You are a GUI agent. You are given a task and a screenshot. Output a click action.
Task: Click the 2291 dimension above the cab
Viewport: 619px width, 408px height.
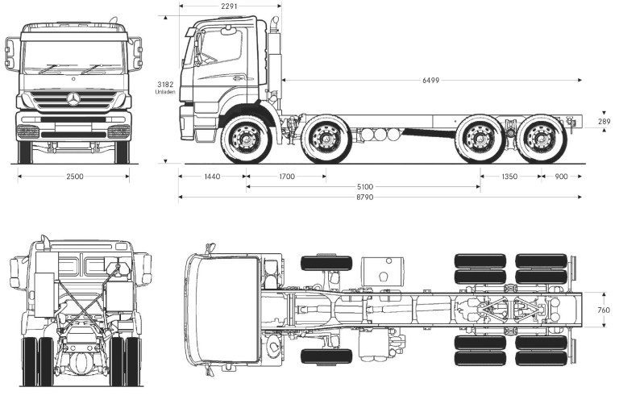[230, 6]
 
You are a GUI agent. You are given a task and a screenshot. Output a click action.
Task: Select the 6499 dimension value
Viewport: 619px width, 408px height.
[430, 80]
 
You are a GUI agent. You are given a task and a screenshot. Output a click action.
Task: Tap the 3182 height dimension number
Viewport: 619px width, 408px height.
[165, 84]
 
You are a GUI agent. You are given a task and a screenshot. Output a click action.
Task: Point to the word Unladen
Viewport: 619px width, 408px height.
[165, 92]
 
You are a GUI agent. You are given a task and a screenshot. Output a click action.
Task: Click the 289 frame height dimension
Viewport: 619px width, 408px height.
[604, 122]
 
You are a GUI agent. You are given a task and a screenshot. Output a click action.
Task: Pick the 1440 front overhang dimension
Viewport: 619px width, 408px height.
[213, 177]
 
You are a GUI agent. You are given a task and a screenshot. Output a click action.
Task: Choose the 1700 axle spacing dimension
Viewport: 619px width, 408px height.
[287, 177]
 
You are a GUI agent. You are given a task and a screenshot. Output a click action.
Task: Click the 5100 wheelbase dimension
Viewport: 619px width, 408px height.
[365, 187]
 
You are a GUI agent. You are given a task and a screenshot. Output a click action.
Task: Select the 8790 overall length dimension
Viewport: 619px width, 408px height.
[365, 197]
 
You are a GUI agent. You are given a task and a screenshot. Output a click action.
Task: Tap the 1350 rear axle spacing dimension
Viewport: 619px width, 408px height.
[509, 177]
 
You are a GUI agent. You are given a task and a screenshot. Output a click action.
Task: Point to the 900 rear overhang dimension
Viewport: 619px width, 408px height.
[561, 177]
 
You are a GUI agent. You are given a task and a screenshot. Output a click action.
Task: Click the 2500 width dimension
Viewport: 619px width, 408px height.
[75, 177]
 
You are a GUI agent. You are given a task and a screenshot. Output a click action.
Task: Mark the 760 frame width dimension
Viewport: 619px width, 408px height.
[604, 310]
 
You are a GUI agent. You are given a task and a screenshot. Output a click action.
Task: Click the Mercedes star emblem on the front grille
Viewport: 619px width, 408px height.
[73, 98]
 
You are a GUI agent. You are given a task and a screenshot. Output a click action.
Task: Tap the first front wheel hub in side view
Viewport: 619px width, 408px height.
[247, 139]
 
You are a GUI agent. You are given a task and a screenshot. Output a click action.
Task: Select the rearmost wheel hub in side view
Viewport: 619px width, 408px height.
[542, 139]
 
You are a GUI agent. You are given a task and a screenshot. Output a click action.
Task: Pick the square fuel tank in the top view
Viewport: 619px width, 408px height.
[383, 272]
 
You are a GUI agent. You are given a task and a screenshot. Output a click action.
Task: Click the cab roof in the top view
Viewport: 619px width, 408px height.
[227, 310]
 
